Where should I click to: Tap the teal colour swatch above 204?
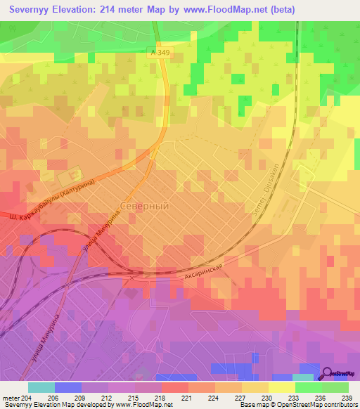41,387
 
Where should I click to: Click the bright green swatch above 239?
335,387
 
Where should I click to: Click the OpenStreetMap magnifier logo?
328,374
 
